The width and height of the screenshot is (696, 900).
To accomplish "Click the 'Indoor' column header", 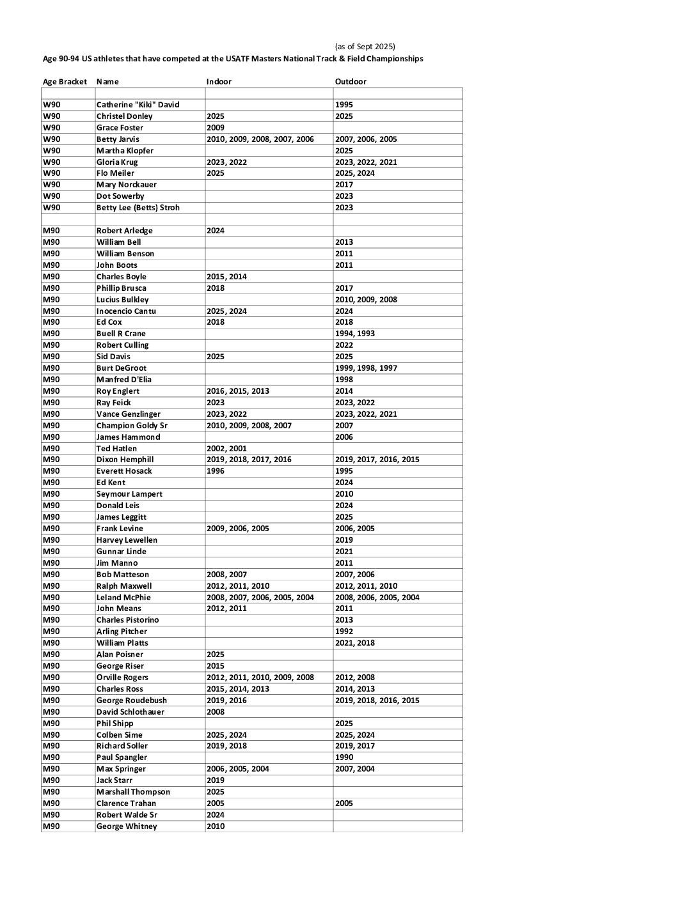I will tap(219, 82).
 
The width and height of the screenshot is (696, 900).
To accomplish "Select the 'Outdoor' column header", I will tap(351, 82).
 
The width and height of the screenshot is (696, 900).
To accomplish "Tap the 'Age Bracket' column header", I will tap(65, 82).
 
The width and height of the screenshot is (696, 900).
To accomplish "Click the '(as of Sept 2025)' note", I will tap(365, 47).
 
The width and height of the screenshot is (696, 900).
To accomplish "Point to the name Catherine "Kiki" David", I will tap(138, 105).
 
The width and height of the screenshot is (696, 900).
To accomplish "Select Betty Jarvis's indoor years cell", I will tap(260, 139).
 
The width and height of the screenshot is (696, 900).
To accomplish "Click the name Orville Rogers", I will tap(122, 678).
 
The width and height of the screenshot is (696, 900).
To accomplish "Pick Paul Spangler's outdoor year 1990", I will tap(344, 757).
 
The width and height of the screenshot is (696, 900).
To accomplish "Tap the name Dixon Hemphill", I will tap(125, 460).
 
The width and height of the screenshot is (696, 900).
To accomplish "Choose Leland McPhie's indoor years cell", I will tap(260, 598).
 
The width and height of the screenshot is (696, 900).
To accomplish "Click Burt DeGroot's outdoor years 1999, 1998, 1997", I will tap(366, 368).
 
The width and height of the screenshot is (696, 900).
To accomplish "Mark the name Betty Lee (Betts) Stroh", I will tap(138, 208).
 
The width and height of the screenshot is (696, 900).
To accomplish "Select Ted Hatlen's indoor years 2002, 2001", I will tap(226, 449).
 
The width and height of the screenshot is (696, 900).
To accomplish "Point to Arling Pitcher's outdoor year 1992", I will tap(344, 632).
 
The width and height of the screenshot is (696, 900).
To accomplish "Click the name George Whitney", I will tap(126, 826).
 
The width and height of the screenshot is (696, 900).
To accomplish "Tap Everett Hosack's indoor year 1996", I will tap(216, 471).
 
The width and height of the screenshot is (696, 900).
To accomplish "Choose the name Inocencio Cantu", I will tap(126, 311).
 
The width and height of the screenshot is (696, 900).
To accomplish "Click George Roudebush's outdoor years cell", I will tap(377, 701).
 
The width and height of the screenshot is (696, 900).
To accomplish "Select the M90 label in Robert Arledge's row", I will tap(51, 231).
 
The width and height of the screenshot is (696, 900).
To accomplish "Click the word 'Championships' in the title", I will tap(397, 59).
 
